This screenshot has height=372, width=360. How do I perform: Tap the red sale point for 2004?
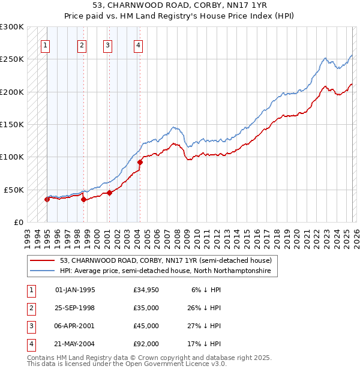140,162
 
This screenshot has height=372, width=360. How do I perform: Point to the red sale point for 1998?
83,200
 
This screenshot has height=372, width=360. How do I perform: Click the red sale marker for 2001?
109,193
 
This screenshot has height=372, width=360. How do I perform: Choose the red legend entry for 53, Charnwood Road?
166,260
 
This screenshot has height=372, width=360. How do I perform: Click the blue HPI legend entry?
165,271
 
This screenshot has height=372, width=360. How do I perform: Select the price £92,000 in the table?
146,344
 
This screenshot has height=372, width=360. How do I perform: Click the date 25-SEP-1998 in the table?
75,308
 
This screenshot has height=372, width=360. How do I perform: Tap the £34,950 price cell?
146,290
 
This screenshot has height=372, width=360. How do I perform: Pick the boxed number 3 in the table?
31,326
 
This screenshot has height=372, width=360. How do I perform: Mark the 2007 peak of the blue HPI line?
173,127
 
